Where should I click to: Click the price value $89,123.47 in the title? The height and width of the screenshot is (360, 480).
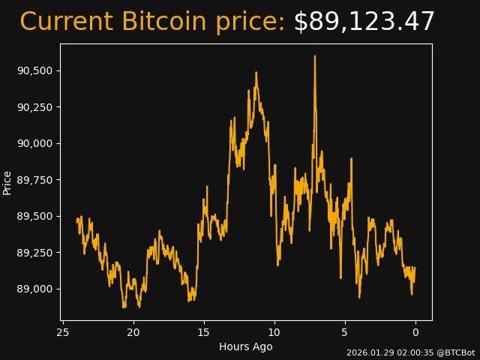click(364, 22)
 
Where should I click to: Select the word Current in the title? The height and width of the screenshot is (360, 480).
click(67, 22)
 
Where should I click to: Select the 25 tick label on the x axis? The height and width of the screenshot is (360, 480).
click(63, 332)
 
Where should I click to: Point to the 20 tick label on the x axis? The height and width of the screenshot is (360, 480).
click(133, 332)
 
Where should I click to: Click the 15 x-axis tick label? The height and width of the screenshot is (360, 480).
click(204, 332)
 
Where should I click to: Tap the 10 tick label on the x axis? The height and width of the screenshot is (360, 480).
click(274, 332)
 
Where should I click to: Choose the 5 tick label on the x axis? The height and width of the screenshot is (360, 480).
click(345, 332)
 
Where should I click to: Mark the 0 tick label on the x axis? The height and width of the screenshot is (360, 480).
click(415, 332)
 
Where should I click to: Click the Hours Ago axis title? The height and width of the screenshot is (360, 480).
click(246, 346)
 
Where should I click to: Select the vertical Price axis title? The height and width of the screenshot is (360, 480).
click(7, 182)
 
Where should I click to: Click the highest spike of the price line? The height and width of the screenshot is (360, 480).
click(315, 56)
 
